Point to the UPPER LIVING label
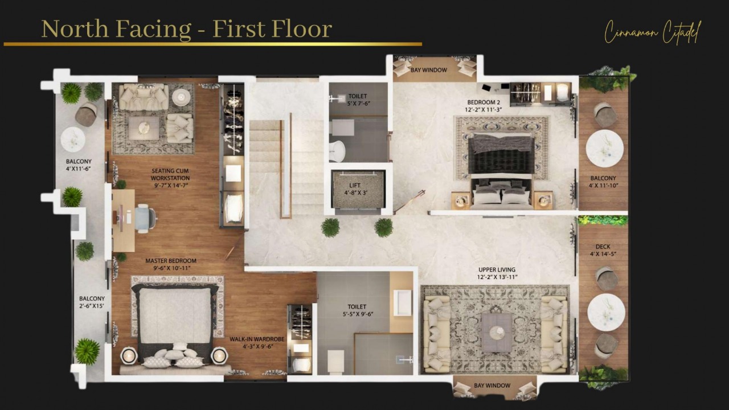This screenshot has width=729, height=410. point(497,269)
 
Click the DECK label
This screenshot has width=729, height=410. point(603,247)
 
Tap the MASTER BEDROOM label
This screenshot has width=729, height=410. point(170,261)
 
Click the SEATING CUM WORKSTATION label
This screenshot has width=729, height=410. point(170,174)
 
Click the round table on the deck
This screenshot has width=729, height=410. point(606,312)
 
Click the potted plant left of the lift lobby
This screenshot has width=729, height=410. point(330,227)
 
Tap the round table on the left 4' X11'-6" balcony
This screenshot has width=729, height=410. point(73,139)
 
